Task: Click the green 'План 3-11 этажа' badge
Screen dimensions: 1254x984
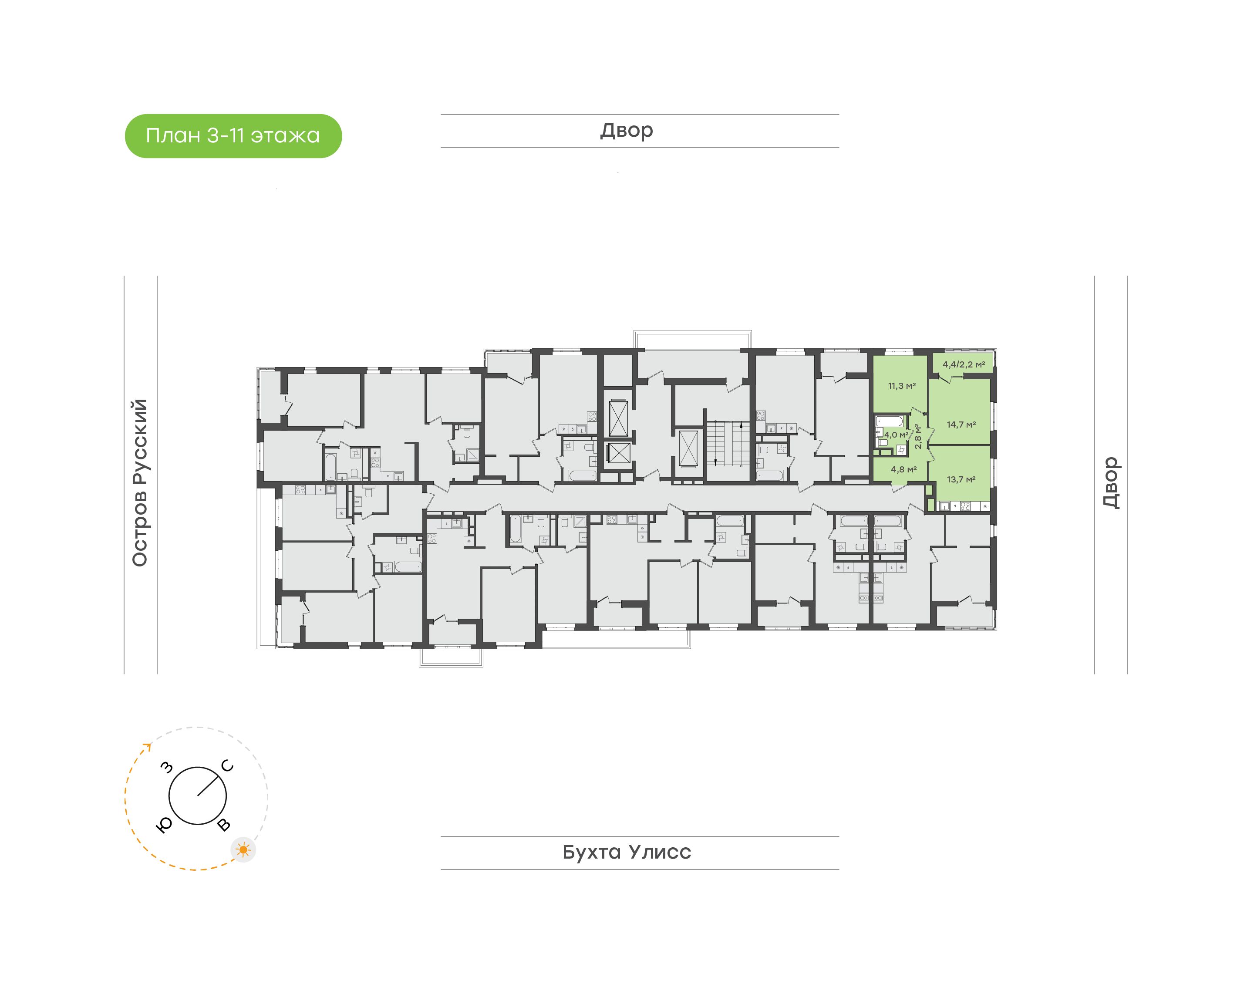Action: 233,136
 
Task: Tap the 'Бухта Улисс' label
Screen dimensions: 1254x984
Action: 627,852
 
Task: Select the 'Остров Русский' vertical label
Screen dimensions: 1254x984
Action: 140,483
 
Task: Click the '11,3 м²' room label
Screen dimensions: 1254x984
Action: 902,386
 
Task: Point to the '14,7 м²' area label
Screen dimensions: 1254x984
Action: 961,425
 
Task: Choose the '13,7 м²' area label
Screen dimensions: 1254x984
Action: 961,479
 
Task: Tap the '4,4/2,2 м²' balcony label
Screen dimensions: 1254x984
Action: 964,364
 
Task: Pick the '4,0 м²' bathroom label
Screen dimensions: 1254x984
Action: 896,435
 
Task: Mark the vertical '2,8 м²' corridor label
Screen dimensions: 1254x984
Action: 918,437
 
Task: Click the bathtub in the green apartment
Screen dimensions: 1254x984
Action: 890,421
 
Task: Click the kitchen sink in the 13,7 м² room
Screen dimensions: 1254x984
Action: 945,506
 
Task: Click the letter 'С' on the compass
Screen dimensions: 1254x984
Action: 228,766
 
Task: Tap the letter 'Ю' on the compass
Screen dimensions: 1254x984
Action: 164,826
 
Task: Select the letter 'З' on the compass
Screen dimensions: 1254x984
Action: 167,767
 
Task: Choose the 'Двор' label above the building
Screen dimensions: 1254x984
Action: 627,131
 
